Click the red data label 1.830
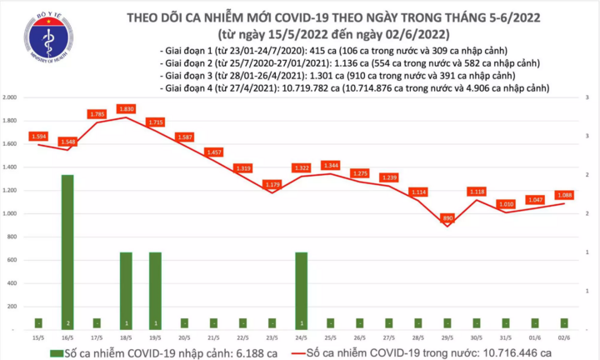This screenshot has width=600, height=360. click(x=126, y=108)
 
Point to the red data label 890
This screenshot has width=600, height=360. click(x=447, y=217)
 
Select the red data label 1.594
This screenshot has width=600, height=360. click(x=38, y=136)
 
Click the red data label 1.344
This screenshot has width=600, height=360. click(x=330, y=165)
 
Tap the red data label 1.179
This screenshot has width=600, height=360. click(x=272, y=184)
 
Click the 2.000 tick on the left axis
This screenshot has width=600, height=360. click(x=11, y=97)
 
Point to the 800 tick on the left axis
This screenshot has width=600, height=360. click(x=15, y=237)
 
